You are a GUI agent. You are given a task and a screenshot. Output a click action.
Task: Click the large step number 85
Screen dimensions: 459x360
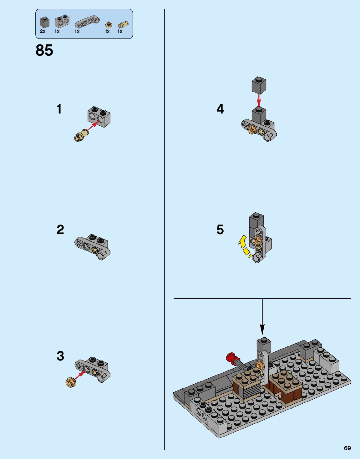44,50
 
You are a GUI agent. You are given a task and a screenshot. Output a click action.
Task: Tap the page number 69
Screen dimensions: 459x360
347,448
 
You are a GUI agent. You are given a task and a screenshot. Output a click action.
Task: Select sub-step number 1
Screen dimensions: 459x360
59,109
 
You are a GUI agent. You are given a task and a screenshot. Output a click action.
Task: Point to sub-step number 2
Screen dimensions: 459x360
60,230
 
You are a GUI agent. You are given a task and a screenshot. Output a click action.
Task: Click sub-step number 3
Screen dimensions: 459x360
60,356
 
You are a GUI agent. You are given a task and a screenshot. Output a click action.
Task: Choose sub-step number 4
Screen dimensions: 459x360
220,109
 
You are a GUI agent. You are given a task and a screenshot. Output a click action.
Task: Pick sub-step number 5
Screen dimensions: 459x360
220,230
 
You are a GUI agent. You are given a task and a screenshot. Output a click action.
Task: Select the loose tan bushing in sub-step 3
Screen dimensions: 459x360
71,382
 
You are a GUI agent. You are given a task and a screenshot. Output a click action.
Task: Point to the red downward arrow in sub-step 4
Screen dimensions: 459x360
259,100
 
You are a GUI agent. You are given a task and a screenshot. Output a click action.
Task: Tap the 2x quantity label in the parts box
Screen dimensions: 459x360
43,31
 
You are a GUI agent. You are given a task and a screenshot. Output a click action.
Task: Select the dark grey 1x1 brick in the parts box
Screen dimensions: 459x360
44,22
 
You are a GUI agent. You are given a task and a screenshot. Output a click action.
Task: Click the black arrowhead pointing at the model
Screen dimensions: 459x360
262,330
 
